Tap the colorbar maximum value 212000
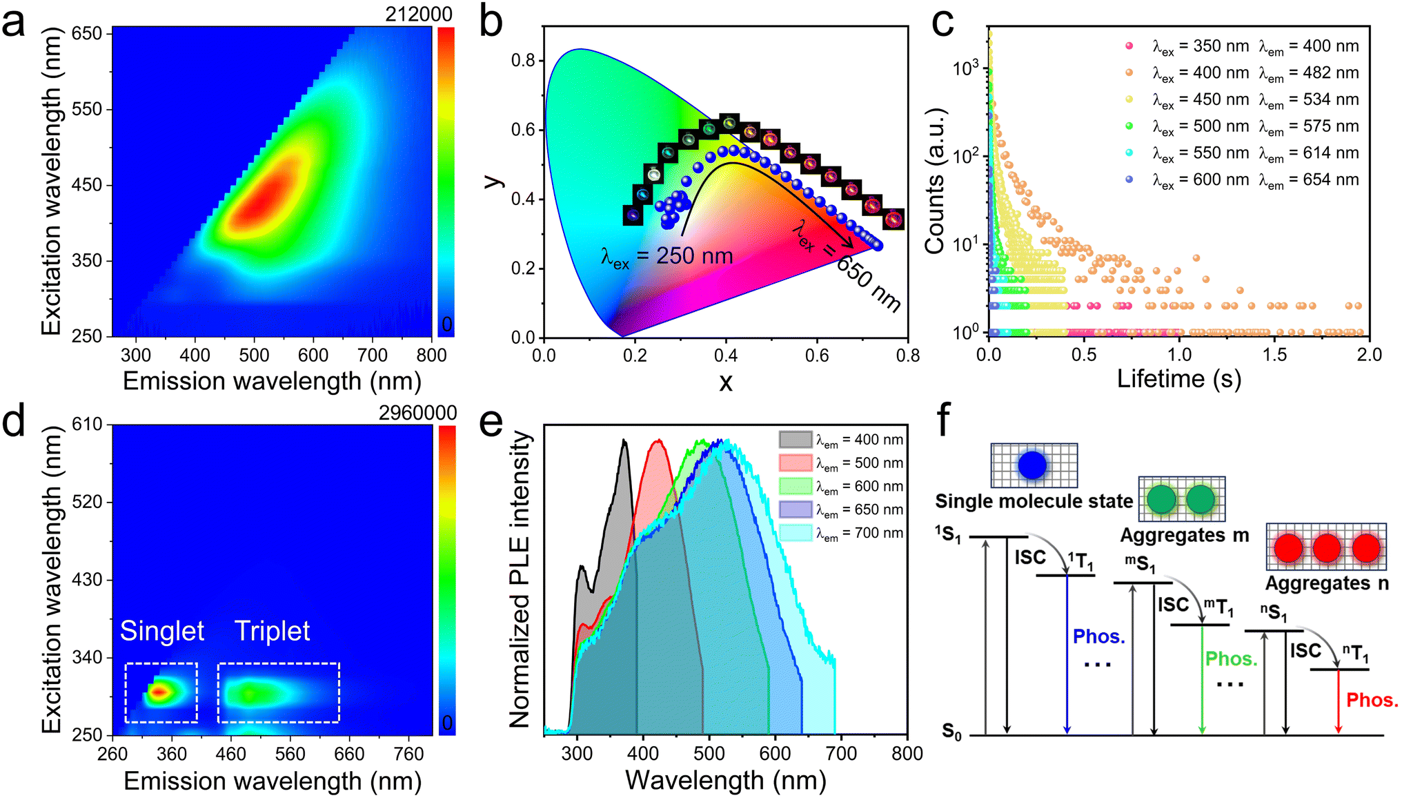418,14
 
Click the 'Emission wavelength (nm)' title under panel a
272,381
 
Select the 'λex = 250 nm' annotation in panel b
667,257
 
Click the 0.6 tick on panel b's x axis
817,356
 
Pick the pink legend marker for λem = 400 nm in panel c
1129,46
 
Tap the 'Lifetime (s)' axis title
1178,379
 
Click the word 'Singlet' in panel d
162,631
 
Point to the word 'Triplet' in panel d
272,631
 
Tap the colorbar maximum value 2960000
417,413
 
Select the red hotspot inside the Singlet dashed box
159,691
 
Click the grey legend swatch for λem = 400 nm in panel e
796,440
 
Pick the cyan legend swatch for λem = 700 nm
796,533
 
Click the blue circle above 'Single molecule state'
1032,465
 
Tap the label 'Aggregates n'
1326,584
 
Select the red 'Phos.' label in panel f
1372,700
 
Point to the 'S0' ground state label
952,732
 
